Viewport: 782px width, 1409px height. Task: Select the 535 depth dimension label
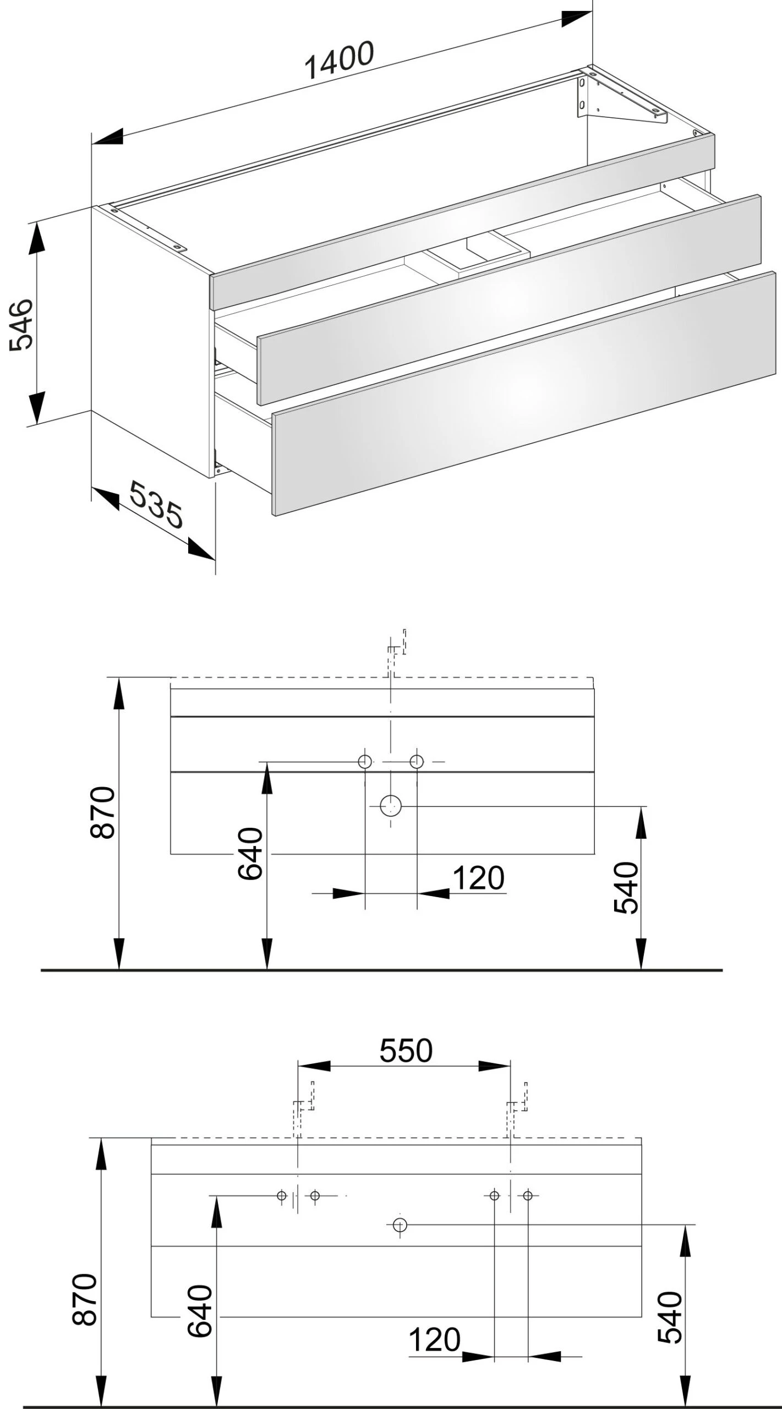tap(156, 504)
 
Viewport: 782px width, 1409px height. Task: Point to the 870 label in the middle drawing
tap(103, 812)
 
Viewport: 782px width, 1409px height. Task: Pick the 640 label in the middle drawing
tap(251, 853)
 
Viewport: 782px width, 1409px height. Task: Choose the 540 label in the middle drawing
tap(626, 888)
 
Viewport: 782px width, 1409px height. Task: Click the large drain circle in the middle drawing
tap(391, 806)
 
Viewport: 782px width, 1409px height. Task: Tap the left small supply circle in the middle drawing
tap(364, 762)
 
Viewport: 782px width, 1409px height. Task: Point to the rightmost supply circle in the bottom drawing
tap(528, 1195)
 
